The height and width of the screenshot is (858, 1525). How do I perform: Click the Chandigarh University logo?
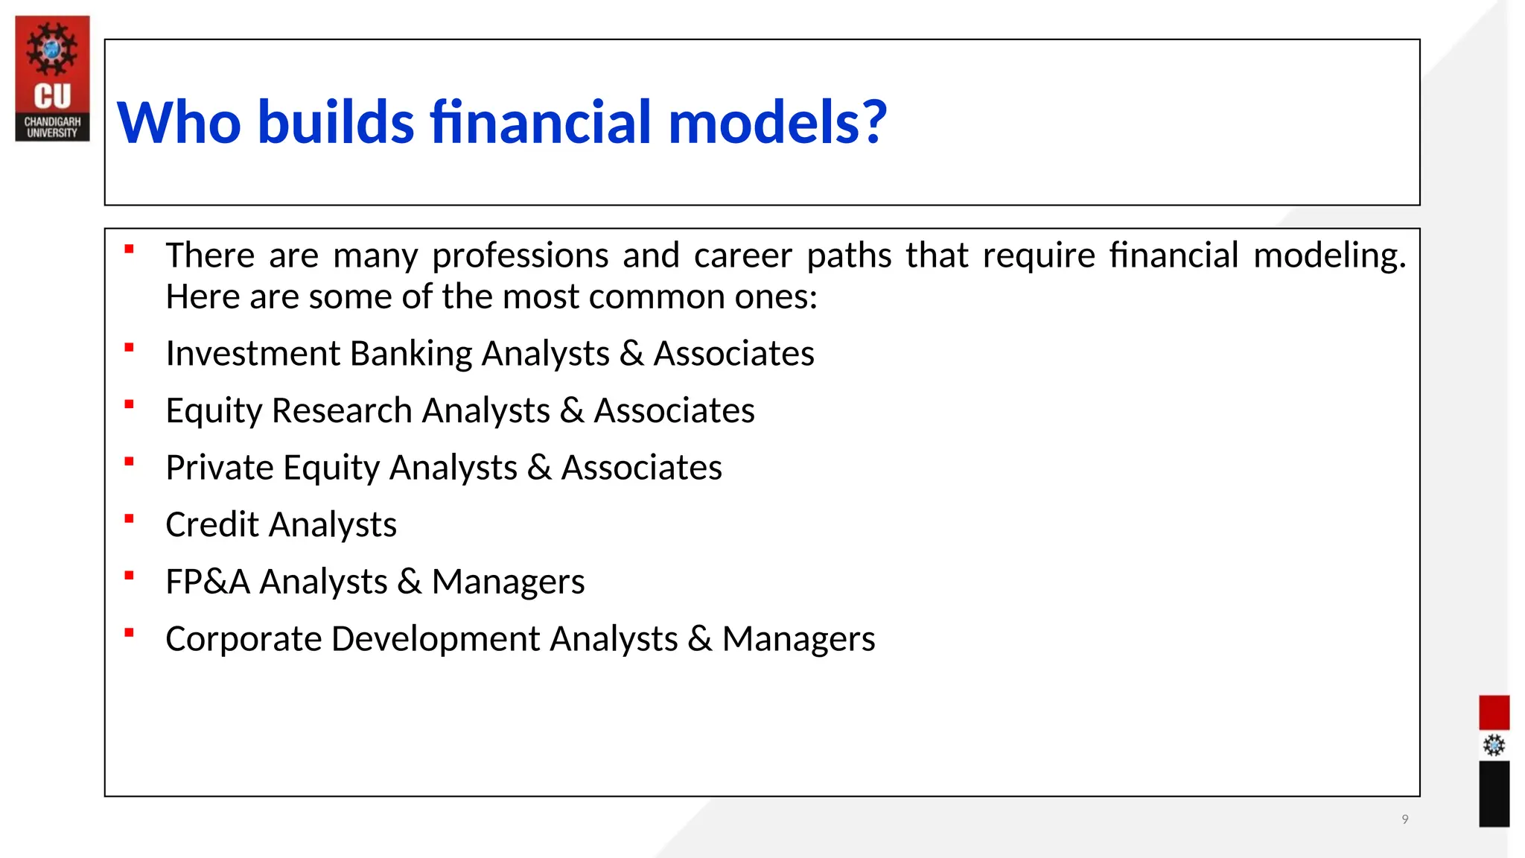point(52,78)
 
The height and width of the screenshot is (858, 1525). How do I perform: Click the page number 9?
point(1404,819)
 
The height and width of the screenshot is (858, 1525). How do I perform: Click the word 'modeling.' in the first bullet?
point(1329,255)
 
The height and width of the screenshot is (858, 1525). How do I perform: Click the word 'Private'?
point(220,468)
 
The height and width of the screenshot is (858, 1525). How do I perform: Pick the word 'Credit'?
point(212,525)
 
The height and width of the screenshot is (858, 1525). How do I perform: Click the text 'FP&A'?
point(207,582)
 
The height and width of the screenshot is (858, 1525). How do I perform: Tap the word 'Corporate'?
point(243,639)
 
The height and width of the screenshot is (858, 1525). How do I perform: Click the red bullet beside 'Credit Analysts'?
point(129,519)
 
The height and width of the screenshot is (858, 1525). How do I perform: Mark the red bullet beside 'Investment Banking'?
point(129,348)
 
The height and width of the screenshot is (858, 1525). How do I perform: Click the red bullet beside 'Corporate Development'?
point(129,633)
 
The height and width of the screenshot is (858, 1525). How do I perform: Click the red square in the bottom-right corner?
point(1493,713)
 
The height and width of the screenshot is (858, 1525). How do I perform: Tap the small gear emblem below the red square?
point(1493,746)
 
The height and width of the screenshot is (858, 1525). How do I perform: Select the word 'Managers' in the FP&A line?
point(508,582)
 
